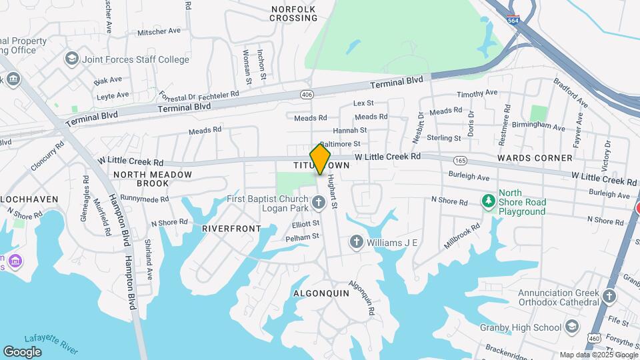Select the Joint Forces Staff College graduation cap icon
71,59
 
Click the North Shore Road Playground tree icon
489,200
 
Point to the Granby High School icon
571,327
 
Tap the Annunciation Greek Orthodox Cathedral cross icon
609,296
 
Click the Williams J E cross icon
357,241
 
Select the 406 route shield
306,94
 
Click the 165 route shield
459,161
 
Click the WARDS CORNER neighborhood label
535,158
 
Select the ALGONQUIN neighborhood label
321,293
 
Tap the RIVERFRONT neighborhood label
231,228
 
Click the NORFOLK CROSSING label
293,13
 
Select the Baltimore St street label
340,143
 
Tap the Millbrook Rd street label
464,236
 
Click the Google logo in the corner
22,351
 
